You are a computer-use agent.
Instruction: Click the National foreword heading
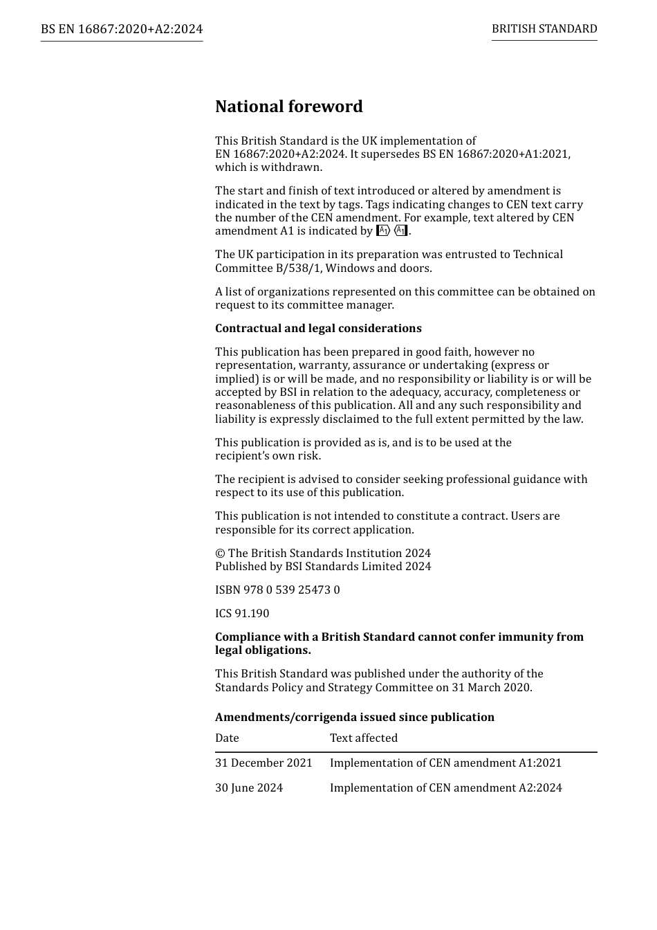coord(288,107)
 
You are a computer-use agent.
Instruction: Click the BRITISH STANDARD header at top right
coord(544,29)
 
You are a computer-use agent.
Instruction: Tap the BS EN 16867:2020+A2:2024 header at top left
coord(122,29)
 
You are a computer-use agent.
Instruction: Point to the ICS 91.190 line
coord(242,614)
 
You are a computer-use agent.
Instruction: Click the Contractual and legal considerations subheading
coord(318,329)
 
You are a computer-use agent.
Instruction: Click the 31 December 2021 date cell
coord(263,763)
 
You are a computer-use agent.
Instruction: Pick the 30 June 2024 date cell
coord(249,788)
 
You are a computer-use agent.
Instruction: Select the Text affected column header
coord(364,738)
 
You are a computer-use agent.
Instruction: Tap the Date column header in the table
coord(227,738)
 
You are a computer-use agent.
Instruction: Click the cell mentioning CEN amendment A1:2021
coord(445,763)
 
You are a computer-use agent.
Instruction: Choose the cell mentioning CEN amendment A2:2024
coord(445,788)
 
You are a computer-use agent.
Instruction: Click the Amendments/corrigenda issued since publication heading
coord(355,718)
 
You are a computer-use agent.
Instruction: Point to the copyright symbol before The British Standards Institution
coord(220,554)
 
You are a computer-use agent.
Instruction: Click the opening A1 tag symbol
coord(383,231)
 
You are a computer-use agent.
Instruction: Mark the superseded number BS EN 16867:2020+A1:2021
coord(496,154)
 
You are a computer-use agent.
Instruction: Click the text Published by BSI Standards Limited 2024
coord(323,567)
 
